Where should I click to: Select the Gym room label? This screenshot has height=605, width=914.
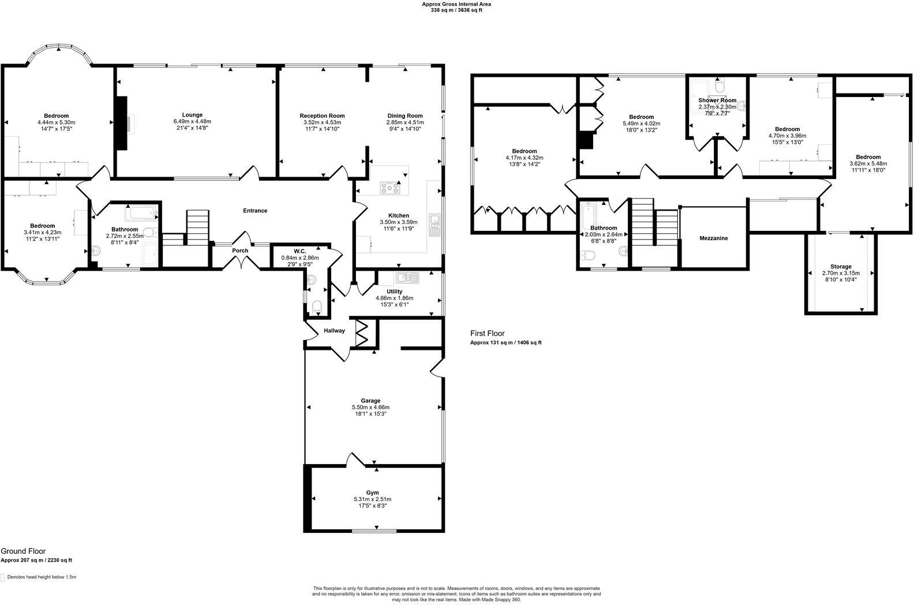pos(372,492)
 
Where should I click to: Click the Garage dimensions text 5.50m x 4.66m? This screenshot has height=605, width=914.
pos(370,407)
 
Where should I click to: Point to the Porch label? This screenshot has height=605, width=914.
pos(240,251)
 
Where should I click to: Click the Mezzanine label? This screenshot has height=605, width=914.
pos(713,238)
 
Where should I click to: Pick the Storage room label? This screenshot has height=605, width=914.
pos(841,267)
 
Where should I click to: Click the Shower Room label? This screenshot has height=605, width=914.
pos(717,100)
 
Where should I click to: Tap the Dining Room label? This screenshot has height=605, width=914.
pos(405,115)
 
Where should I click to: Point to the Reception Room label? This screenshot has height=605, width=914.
pos(322,115)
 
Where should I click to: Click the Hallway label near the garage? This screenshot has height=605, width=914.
pos(334,331)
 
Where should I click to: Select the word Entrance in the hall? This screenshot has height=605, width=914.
pos(254,211)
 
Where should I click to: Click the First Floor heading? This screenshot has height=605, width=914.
pos(487,334)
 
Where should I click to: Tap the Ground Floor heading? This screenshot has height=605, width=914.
pos(23,551)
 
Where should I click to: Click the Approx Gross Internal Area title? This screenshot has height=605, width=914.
pos(456,3)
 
